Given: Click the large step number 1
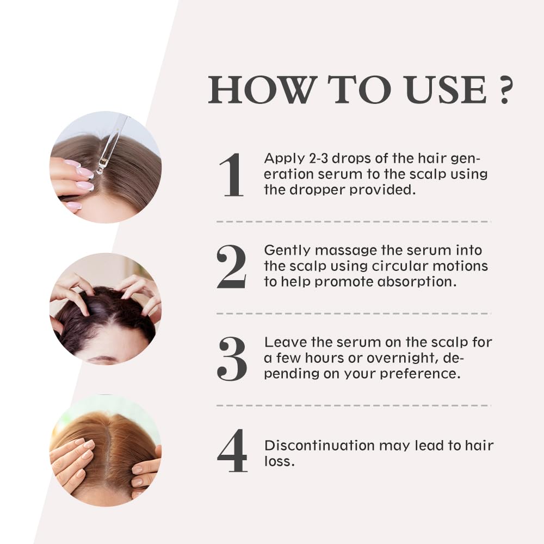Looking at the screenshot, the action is (x=232, y=175).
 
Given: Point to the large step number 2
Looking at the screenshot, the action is (x=231, y=267).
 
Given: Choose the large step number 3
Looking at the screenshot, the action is (x=232, y=358).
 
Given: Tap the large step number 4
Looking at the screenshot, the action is (x=232, y=450).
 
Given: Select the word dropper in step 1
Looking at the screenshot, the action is (x=317, y=190).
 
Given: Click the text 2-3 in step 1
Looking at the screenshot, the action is (x=318, y=158).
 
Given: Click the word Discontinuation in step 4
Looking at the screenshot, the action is (x=319, y=446).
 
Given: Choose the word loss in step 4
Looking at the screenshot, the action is (x=279, y=461).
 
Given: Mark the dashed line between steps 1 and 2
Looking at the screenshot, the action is (x=354, y=221).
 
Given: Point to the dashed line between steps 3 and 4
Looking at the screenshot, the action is (x=354, y=405).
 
